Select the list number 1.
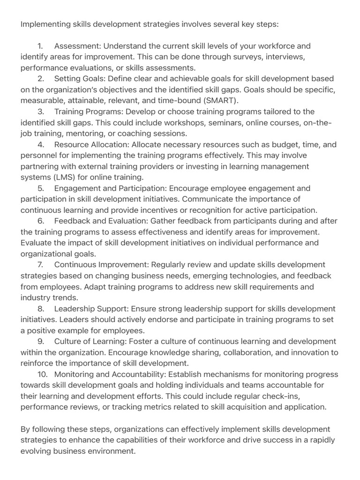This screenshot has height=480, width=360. [x=40, y=46]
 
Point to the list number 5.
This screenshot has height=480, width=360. [x=40, y=188]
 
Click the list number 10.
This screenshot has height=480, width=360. [x=42, y=374]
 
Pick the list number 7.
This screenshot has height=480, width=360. [x=40, y=265]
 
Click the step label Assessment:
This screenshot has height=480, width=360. [x=77, y=46]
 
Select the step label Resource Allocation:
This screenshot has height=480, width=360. [x=92, y=144]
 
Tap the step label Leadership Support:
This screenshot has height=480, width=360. [x=91, y=308]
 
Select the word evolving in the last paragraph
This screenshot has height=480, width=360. [x=36, y=451]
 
